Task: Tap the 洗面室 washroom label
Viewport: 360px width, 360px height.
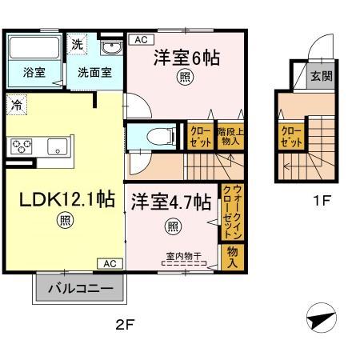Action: (x=94, y=71)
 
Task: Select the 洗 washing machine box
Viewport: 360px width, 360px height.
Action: (x=77, y=45)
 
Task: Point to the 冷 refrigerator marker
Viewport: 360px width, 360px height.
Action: (x=16, y=103)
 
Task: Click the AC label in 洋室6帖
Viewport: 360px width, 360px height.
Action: (x=139, y=39)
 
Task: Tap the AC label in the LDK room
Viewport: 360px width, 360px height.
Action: (x=109, y=262)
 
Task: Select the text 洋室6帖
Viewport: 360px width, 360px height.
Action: (x=186, y=58)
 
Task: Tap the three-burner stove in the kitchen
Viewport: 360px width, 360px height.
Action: (x=22, y=146)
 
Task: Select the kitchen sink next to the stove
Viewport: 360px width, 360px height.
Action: (x=57, y=146)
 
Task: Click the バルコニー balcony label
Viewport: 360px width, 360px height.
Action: (x=79, y=288)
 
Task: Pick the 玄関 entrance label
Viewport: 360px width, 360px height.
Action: (x=320, y=78)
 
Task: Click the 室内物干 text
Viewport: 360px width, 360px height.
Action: (x=182, y=256)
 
